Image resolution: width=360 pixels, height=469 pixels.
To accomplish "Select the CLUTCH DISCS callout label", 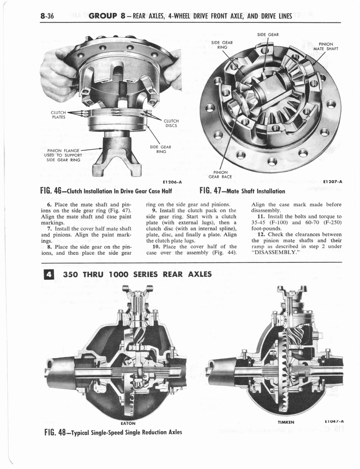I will coord(170,123).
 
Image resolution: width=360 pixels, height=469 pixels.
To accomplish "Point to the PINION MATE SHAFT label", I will coord(326,47).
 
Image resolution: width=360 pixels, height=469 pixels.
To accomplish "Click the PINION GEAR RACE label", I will coord(220,175).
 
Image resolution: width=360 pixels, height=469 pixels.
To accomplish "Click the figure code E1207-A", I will coord(333,181).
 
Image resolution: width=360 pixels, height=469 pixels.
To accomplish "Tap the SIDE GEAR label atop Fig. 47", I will coord(268,34).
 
